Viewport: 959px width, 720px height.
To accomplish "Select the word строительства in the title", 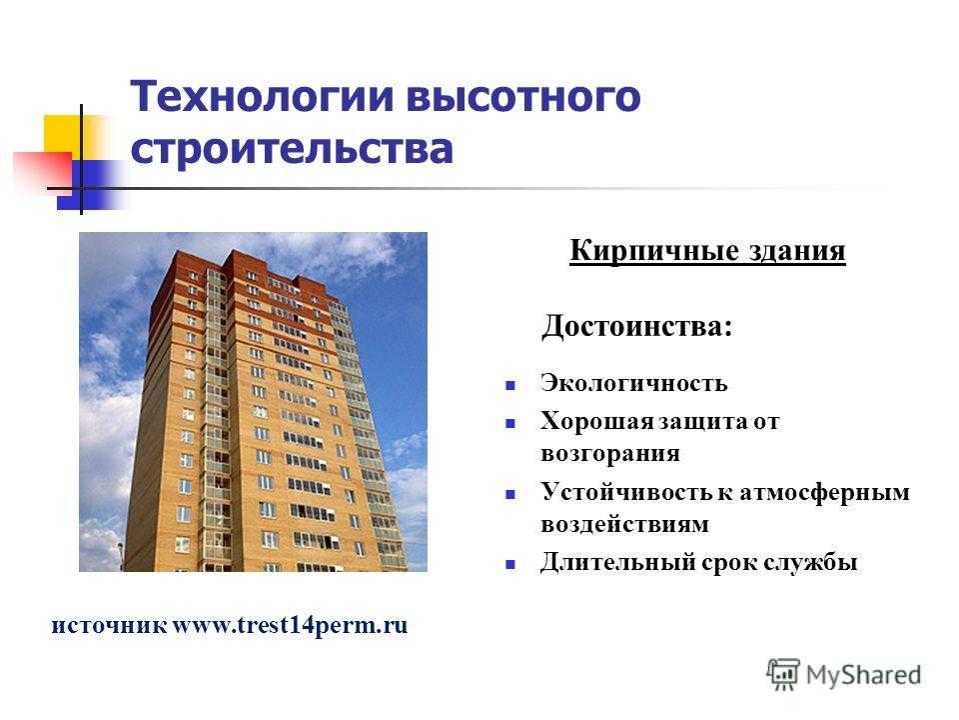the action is coord(292,149).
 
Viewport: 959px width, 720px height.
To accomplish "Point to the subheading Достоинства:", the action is coord(636,326).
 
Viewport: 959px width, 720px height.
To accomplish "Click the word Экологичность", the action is coord(634,383).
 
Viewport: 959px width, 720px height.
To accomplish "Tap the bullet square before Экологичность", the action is coord(510,386).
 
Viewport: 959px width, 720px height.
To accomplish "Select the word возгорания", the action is coord(610,454).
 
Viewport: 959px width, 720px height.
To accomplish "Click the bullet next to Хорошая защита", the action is coord(510,423).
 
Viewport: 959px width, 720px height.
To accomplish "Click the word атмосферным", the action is coord(824,493).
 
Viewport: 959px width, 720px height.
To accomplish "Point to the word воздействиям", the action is coord(625,525).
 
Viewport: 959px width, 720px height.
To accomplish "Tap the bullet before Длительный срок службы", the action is coord(510,564).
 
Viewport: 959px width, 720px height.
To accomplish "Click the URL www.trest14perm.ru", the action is coord(290,626).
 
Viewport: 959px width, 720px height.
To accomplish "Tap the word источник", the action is coord(109,626).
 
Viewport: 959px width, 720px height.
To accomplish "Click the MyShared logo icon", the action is coord(783,675).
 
